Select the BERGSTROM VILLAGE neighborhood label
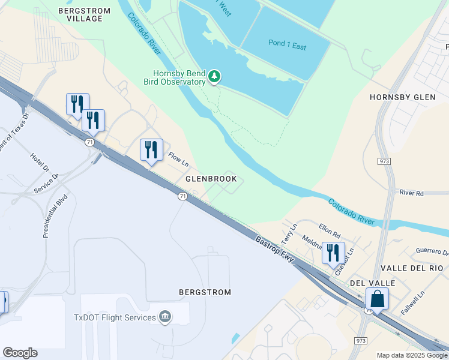[84, 16]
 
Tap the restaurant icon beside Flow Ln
[151, 150]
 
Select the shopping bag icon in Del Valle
[377, 298]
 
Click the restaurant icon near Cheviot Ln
[333, 253]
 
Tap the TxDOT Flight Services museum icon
[165, 317]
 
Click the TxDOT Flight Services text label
[115, 317]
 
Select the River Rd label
[412, 193]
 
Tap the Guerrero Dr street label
[430, 252]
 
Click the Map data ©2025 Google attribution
[411, 355]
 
